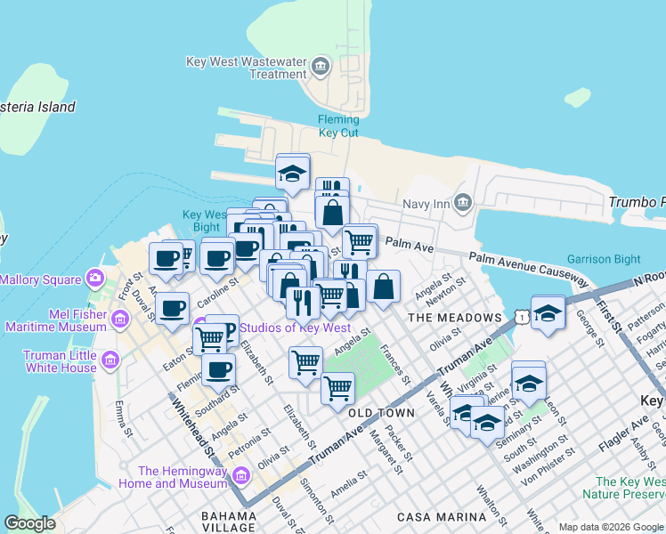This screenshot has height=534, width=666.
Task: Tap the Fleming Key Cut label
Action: click(339, 126)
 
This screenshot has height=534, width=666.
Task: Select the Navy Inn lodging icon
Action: click(462, 204)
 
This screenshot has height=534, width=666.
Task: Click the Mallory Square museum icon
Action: click(95, 279)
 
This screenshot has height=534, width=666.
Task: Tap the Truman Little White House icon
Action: click(110, 360)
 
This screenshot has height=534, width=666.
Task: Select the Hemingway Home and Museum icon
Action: click(240, 476)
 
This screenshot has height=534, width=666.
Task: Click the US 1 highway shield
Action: click(519, 316)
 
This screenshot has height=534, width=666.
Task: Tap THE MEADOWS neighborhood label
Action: click(454, 318)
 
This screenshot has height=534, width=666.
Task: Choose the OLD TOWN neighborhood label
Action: click(381, 413)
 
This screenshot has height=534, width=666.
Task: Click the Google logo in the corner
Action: click(30, 522)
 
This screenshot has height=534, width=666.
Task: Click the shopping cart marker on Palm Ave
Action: click(359, 239)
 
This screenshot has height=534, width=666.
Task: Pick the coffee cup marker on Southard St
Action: click(218, 369)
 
